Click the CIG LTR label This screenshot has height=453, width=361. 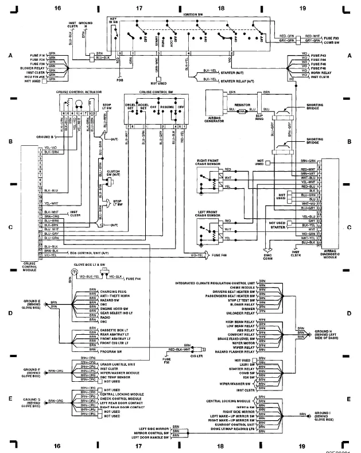tap(202, 356)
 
